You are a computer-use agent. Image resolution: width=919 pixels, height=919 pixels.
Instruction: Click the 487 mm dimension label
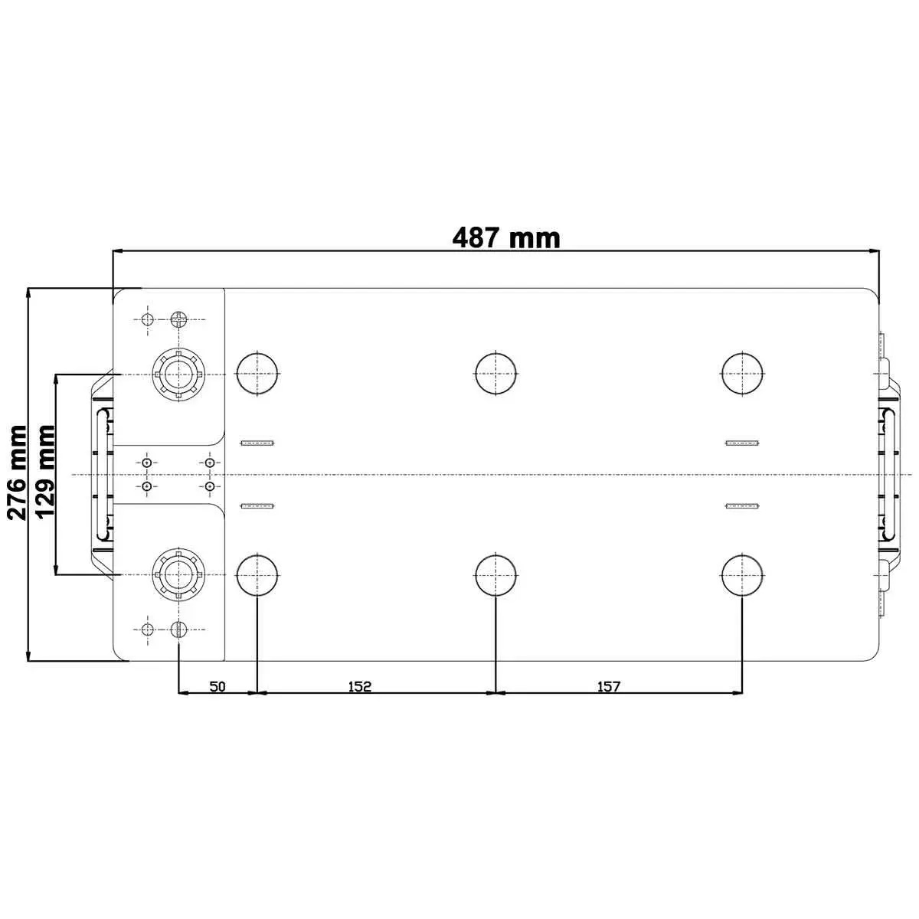click(506, 237)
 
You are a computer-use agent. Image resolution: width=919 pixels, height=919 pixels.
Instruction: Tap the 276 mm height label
click(17, 473)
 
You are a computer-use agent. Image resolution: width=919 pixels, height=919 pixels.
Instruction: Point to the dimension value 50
click(217, 686)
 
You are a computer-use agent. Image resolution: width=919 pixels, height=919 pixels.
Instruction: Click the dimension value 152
click(359, 686)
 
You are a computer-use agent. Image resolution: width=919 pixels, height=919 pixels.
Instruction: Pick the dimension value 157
click(608, 686)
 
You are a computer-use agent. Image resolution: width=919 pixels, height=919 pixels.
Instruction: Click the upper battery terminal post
click(178, 374)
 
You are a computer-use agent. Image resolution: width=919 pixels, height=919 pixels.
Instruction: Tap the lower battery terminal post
click(178, 574)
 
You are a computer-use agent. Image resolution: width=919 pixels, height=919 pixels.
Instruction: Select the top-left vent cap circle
click(258, 374)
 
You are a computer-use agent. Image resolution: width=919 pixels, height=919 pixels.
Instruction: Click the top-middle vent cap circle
click(496, 374)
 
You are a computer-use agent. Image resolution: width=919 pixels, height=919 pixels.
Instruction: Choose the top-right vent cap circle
click(743, 374)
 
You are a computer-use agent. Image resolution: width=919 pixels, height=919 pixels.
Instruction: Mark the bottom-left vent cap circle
click(258, 574)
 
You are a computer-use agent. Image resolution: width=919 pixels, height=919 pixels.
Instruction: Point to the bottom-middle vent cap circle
click(496, 574)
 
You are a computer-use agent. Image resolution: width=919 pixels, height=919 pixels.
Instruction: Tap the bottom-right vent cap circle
click(743, 574)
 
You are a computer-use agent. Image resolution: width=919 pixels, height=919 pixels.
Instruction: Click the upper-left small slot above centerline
click(257, 443)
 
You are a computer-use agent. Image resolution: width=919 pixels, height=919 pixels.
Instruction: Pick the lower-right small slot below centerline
click(742, 505)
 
